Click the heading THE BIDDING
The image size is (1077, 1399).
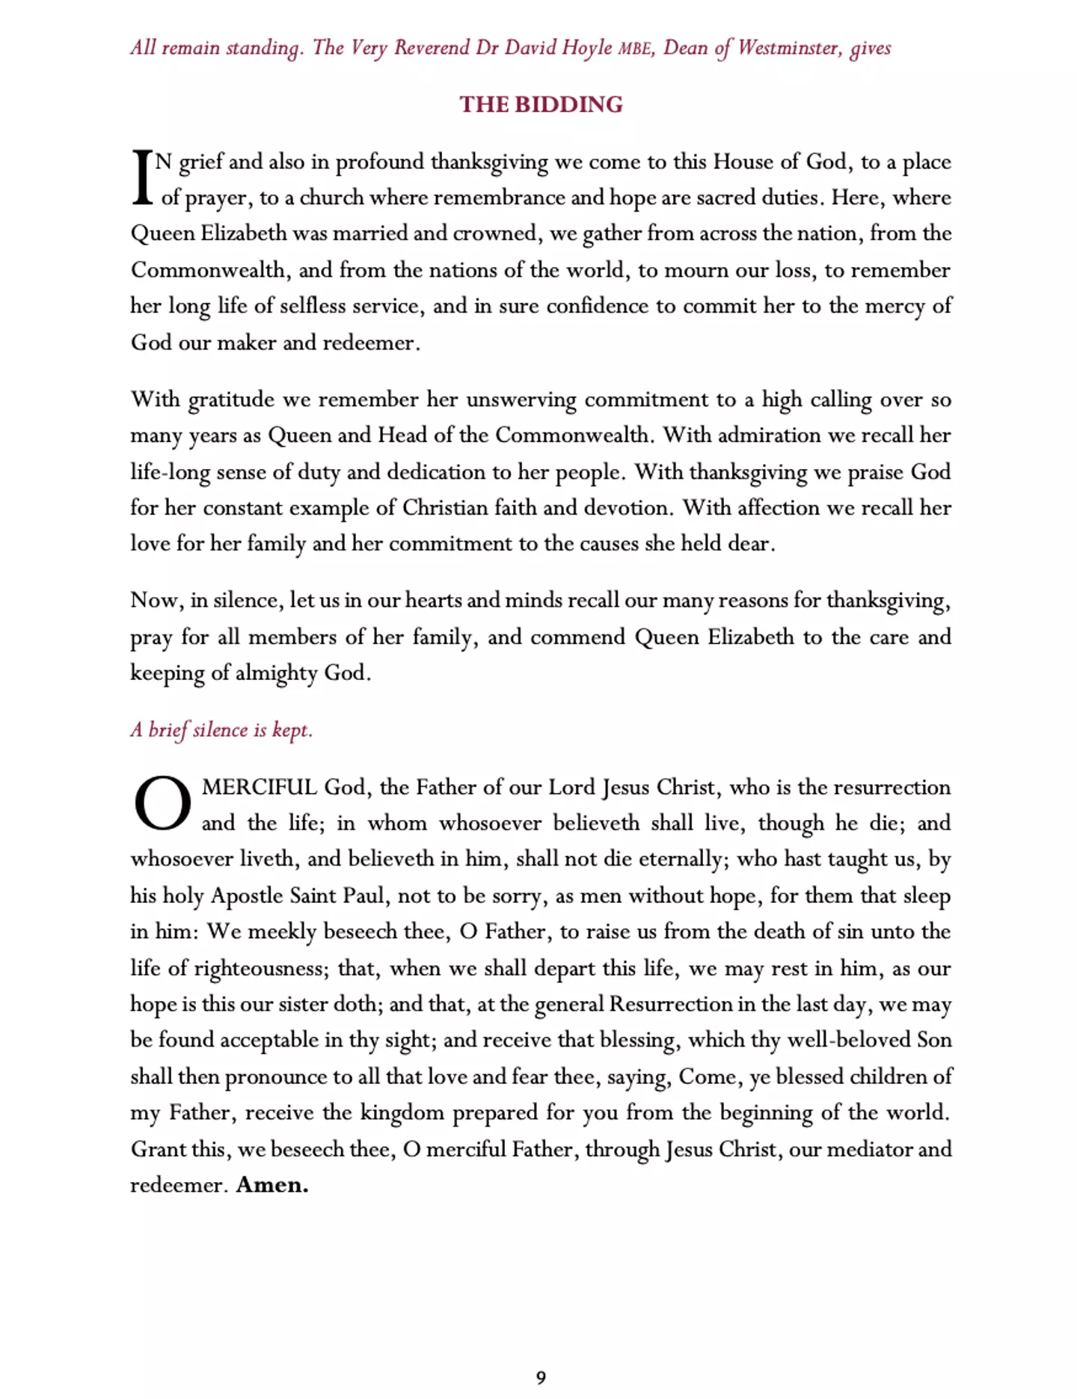pyautogui.click(x=541, y=104)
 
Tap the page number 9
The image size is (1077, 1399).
pyautogui.click(x=541, y=1377)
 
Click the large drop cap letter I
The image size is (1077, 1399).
pyautogui.click(x=142, y=177)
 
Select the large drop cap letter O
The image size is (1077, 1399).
pyautogui.click(x=162, y=803)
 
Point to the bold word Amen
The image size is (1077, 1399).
pyautogui.click(x=272, y=1185)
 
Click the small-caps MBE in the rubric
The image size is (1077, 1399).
pyautogui.click(x=636, y=49)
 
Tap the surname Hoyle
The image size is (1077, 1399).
pyautogui.click(x=582, y=48)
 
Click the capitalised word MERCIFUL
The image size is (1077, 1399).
pyautogui.click(x=260, y=787)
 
